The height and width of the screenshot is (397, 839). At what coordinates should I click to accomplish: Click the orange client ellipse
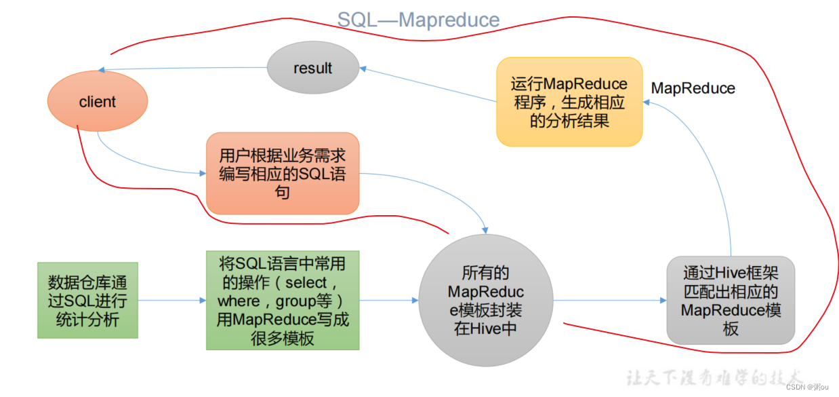98,102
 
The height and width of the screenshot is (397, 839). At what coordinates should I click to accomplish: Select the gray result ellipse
312,68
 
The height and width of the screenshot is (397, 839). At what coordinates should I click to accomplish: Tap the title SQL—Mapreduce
418,20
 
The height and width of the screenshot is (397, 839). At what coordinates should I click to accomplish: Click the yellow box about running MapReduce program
569,102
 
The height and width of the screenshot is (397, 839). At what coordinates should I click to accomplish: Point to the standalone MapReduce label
693,88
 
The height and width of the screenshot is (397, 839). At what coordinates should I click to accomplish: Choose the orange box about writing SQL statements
282,174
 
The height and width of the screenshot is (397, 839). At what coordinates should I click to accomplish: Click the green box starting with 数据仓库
87,300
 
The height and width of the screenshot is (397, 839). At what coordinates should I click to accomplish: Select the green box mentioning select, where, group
283,300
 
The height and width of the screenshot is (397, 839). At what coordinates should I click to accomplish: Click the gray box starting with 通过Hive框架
730,301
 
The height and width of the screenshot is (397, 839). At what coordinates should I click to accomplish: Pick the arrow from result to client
183,69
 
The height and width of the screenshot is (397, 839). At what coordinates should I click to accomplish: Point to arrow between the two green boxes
172,300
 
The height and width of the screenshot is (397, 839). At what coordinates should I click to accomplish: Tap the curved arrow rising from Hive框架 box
712,170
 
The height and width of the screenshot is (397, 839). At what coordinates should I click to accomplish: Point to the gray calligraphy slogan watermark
715,377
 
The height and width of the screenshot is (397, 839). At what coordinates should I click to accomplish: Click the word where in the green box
239,300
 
